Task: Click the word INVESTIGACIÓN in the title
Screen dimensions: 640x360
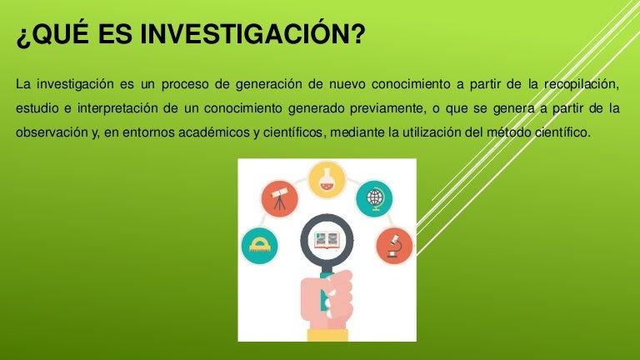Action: [252, 33]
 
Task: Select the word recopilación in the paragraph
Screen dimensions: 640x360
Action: [582, 84]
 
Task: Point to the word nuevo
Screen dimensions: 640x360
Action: [347, 84]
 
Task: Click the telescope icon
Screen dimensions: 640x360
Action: [280, 199]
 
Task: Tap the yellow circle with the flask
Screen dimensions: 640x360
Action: [327, 180]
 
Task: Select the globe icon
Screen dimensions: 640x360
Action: [374, 199]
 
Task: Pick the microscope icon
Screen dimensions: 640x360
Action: [394, 246]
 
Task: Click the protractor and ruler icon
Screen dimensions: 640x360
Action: [260, 246]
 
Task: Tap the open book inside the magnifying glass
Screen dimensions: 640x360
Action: [327, 240]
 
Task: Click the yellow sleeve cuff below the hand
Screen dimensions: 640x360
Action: [327, 335]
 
